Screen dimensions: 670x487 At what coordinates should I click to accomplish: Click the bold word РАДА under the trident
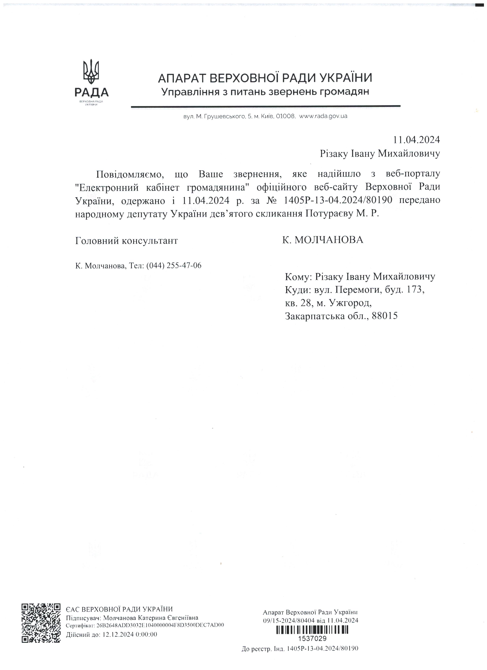point(91,92)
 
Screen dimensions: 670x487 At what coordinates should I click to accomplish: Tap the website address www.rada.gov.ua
point(323,116)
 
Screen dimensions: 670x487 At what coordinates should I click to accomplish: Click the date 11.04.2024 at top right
point(416,140)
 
